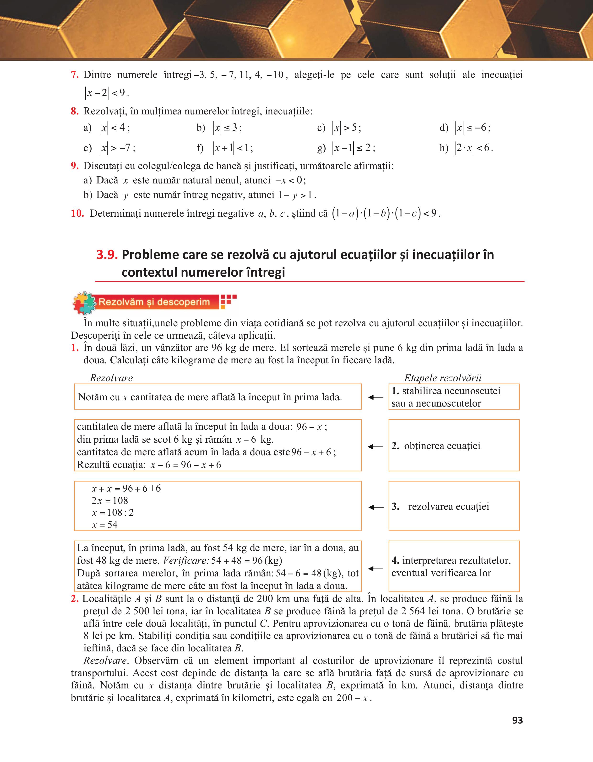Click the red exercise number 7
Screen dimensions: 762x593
pos(74,75)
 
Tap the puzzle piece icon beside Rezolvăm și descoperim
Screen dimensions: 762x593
pos(84,302)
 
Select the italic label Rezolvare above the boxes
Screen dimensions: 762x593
pos(111,378)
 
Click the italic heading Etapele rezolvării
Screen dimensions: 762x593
pos(443,378)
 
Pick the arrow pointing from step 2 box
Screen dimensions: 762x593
pos(375,447)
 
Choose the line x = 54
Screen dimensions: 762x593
pos(105,525)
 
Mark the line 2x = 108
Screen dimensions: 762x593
pos(110,501)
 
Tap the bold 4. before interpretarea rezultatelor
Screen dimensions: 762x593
pos(395,561)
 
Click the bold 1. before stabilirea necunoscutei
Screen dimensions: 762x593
pos(395,391)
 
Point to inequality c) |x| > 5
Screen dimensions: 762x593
pos(347,128)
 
